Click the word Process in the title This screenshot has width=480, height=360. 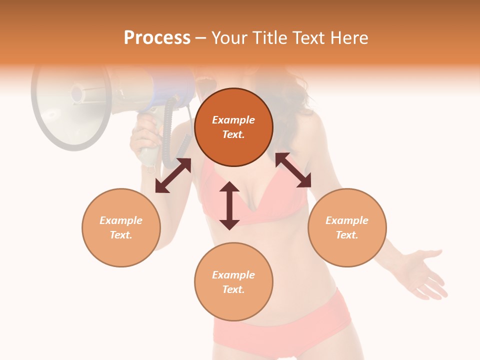157,38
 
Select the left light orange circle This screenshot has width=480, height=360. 121,245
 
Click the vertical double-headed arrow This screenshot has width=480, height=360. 229,205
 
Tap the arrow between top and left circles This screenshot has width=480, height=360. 173,175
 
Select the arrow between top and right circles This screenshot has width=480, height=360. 293,170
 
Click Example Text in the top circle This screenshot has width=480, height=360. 233,127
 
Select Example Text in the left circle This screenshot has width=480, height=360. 121,227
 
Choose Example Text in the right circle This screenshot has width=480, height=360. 347,227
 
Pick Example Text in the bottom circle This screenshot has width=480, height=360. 233,282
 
